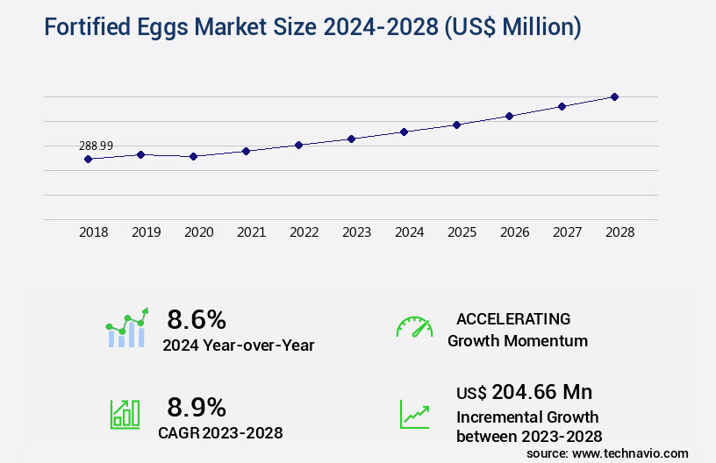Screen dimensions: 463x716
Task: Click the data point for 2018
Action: click(88, 159)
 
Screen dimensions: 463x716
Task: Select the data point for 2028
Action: click(614, 96)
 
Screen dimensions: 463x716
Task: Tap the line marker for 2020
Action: click(193, 156)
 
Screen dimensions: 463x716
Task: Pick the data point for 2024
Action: click(404, 132)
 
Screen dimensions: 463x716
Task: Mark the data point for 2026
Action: click(509, 116)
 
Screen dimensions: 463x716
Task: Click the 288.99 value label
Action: click(96, 146)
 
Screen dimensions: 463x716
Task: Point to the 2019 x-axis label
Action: click(147, 232)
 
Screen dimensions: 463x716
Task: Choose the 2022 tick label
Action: click(304, 232)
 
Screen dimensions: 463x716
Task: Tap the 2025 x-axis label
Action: click(462, 232)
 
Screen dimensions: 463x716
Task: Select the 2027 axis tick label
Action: click(568, 232)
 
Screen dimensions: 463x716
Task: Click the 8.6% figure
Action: click(197, 318)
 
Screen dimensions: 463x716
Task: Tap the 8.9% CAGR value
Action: click(197, 407)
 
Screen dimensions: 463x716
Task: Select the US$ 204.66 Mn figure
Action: click(525, 391)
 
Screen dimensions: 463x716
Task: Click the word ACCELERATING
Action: click(513, 318)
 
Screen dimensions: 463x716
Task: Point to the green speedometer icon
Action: click(414, 327)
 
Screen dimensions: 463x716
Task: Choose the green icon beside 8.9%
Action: click(125, 414)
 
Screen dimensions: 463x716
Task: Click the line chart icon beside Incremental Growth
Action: click(414, 414)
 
